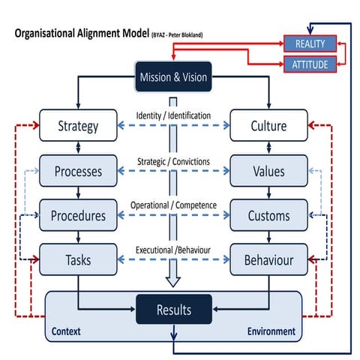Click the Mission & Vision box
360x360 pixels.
point(173,76)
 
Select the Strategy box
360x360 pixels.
point(78,126)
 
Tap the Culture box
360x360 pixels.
point(268,126)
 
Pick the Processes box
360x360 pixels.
point(78,171)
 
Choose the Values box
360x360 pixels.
point(268,171)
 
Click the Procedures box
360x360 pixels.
point(78,216)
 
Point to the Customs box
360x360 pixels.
point(268,216)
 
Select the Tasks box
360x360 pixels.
point(78,259)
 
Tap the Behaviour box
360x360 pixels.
point(268,259)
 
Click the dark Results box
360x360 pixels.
point(173,310)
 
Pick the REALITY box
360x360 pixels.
point(310,44)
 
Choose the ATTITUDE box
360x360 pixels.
point(310,64)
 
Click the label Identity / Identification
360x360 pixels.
point(173,115)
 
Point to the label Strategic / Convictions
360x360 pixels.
point(173,160)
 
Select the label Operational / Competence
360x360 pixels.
point(173,205)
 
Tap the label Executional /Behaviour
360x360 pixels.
point(173,250)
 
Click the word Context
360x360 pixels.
point(67,331)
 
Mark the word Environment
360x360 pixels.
point(271,331)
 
